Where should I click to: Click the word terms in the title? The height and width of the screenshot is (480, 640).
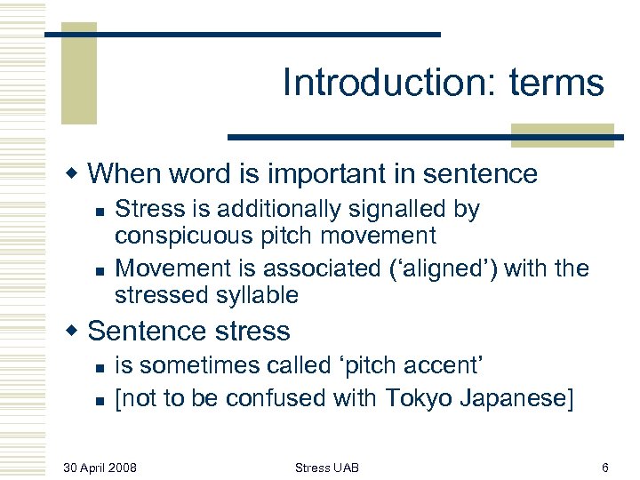point(556,84)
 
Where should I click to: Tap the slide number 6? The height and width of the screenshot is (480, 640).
point(604,468)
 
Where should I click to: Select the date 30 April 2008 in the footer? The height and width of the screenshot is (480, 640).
point(100,468)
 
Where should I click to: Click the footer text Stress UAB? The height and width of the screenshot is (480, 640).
point(327,468)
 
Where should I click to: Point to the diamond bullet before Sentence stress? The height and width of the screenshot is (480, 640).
point(74,331)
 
